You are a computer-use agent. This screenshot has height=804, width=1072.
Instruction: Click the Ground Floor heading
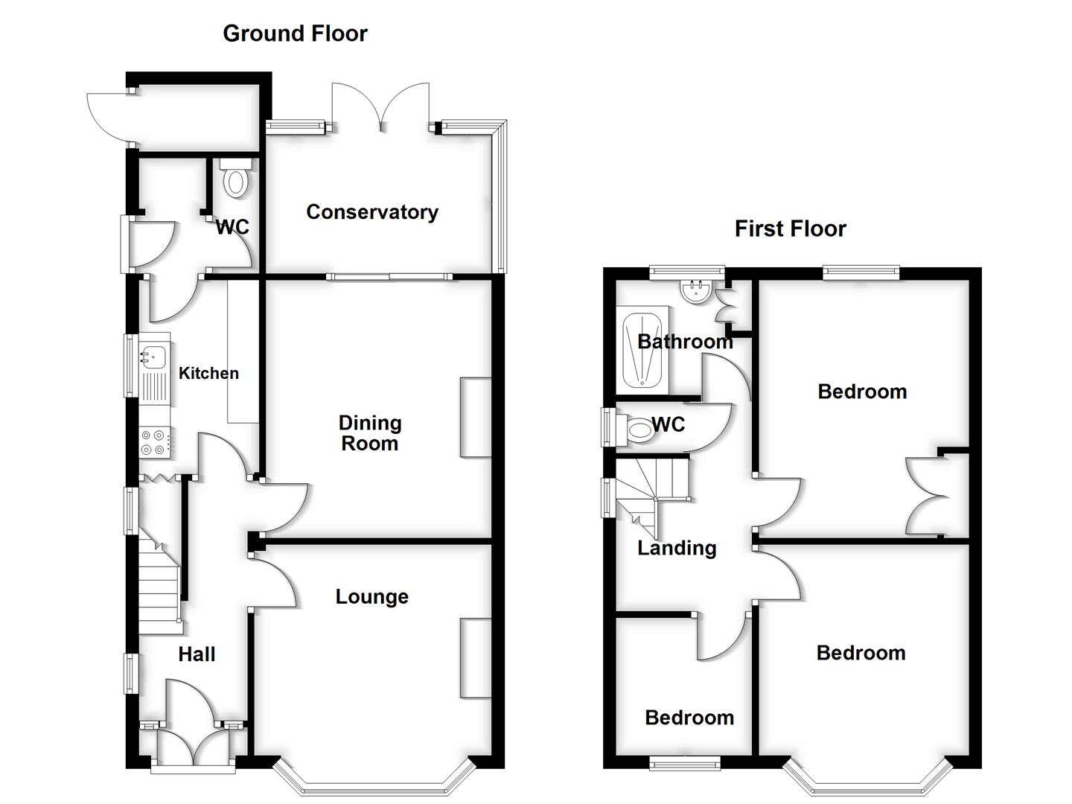click(x=295, y=33)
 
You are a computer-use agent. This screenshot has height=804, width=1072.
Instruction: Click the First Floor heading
click(x=790, y=229)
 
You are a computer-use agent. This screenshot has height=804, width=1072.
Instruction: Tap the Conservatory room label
click(x=372, y=212)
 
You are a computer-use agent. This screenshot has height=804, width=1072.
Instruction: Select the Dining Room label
click(x=370, y=433)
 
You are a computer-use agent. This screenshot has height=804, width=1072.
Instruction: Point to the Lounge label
click(x=371, y=596)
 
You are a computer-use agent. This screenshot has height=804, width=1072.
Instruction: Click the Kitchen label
click(x=208, y=373)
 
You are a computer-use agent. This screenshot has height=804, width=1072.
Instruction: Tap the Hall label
click(x=197, y=654)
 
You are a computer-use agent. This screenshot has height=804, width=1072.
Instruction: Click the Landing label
click(x=677, y=548)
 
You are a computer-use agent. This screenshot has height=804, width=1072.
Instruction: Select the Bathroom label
click(x=685, y=342)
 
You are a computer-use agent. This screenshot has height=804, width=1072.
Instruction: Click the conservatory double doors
click(x=381, y=108)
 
